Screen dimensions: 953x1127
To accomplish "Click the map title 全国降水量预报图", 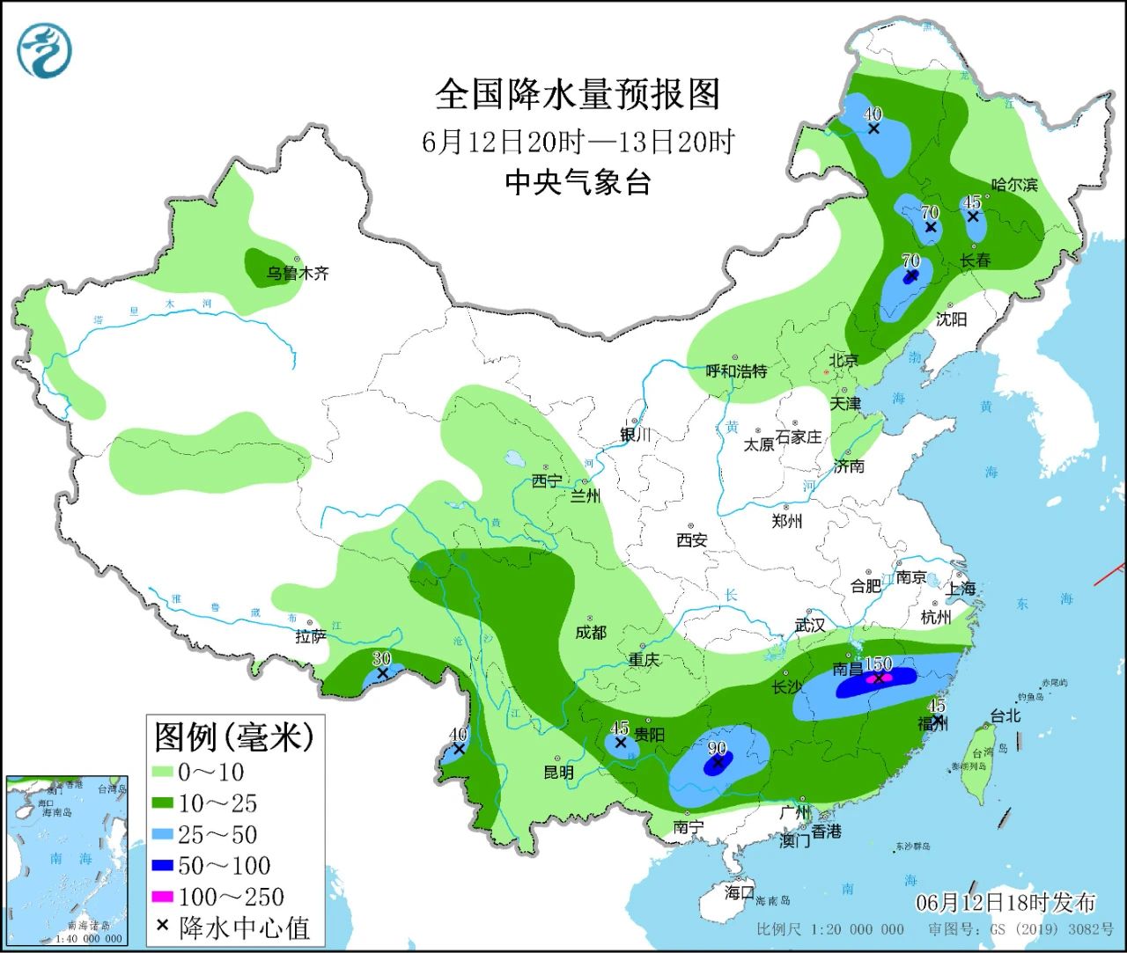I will tap(578, 94).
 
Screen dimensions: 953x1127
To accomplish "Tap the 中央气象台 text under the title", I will tap(578, 182).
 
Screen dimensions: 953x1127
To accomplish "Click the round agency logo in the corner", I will tap(44, 51).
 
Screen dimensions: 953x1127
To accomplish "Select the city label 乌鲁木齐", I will tap(298, 274).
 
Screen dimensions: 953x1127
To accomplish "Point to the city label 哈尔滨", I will tap(1014, 185).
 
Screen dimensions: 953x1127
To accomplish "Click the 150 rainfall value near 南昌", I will tap(878, 664).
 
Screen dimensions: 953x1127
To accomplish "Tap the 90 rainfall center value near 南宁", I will tap(717, 749).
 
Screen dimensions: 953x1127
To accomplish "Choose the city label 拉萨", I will tap(310, 636).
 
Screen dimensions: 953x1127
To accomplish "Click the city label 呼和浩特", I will tap(736, 371).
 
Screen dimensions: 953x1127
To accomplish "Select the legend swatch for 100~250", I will tap(163, 897).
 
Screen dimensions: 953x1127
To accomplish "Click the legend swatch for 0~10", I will tap(163, 772).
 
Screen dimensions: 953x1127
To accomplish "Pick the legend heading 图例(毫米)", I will tap(233, 737).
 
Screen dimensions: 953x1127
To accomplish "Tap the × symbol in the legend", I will tap(162, 926).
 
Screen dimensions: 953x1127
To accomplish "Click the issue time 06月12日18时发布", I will tap(1005, 903).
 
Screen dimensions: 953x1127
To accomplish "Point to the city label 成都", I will tap(590, 632).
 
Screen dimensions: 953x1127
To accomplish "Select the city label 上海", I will tap(961, 589).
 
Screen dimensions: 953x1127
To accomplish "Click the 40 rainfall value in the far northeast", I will tap(873, 114).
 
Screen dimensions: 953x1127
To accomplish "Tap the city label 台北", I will tap(1005, 715).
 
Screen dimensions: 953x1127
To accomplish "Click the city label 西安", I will tap(691, 540).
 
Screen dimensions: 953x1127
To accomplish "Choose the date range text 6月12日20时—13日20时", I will tap(578, 142).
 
